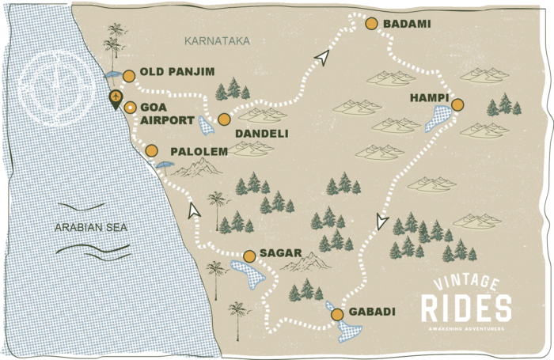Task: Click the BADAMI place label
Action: click(407, 24)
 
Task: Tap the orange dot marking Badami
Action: click(370, 24)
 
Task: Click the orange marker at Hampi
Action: click(457, 104)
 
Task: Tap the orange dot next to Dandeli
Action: click(224, 119)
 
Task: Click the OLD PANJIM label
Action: click(177, 72)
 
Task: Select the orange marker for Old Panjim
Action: click(129, 76)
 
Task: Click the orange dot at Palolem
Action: click(152, 151)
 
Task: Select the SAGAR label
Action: click(281, 253)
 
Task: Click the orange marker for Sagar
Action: click(249, 256)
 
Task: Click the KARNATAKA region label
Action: click(216, 40)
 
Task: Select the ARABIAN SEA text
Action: click(91, 227)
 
